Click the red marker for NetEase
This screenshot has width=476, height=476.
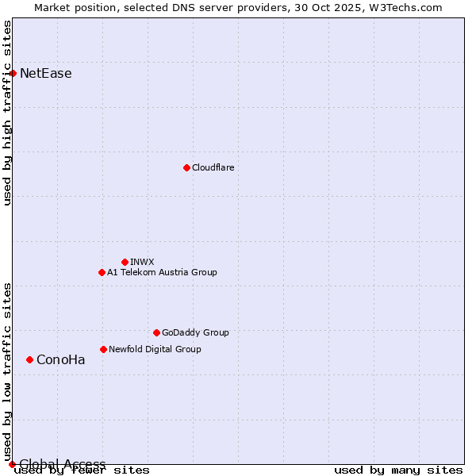pos(13,74)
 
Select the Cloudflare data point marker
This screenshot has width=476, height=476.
pos(186,167)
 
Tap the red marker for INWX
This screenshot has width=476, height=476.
pos(125,262)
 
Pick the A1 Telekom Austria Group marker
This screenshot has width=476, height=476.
pos(102,272)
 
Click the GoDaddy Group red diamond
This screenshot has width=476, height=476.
pos(156,332)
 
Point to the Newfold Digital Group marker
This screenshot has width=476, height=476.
pos(103,349)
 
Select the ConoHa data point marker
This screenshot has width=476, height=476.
pos(29,359)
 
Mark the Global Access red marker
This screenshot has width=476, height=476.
pos(12,464)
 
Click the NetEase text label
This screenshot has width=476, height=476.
pos(46,74)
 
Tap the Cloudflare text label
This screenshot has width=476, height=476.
pos(213,167)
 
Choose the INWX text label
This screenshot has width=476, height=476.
pos(143,262)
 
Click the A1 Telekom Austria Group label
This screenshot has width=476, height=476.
pos(162,272)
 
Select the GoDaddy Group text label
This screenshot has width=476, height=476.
pos(195,332)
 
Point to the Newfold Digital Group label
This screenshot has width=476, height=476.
pos(155,349)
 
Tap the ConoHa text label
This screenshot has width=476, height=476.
pos(61,359)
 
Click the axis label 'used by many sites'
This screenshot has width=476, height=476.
pos(398,470)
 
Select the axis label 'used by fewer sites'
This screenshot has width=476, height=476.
pos(83,470)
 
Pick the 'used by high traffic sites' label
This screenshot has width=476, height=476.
pos(8,113)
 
